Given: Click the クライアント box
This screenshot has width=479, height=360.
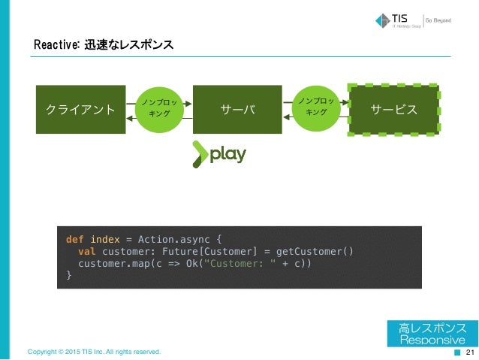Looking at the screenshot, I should coord(80,110).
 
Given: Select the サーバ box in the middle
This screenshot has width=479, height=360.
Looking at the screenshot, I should coord(238,110).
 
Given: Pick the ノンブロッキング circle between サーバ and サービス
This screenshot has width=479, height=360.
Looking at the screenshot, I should coord(318,106).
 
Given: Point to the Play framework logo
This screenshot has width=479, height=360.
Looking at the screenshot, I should coord(218,154).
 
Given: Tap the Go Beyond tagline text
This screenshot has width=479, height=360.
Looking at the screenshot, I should coord(439,20).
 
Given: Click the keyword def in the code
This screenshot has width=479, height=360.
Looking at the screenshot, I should coord(75,239).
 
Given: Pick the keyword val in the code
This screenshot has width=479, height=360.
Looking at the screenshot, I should coord(87,251).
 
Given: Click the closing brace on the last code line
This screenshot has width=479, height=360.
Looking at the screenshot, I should coord(69,275).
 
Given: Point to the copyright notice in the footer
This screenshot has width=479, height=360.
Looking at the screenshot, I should coord(94,352).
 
